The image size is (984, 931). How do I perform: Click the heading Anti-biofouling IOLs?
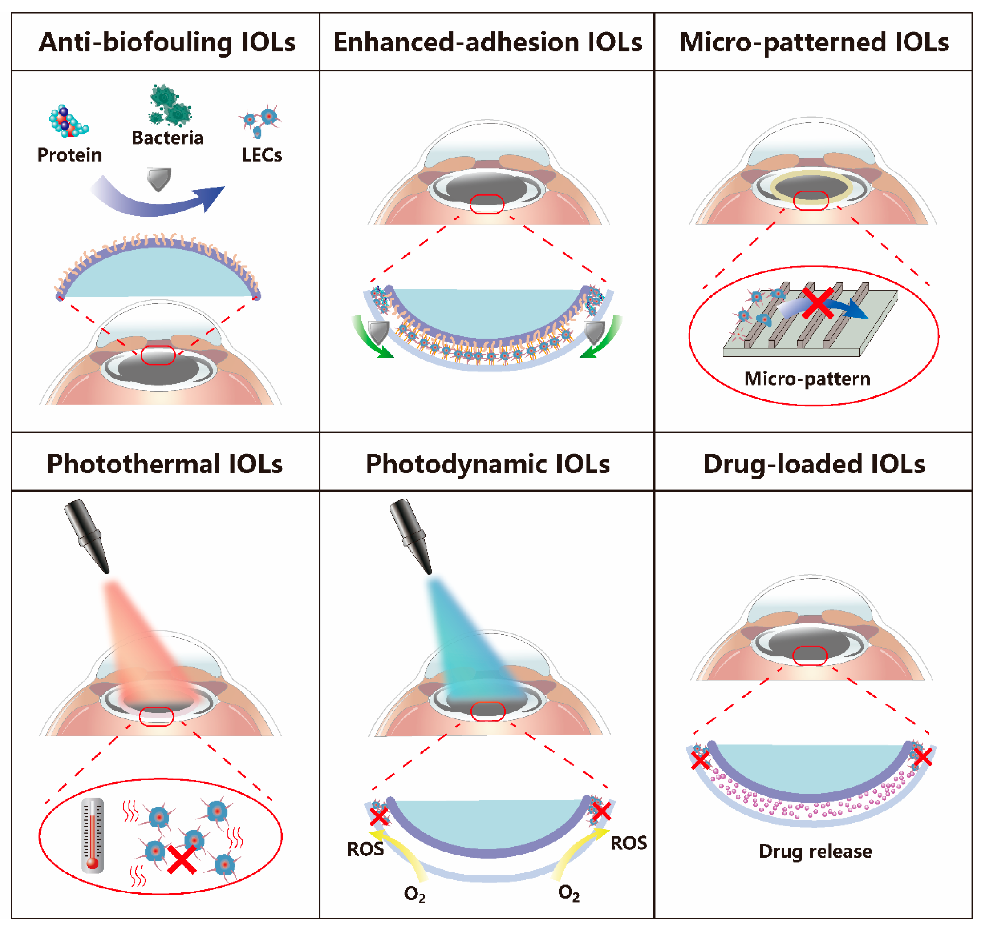(x=167, y=42)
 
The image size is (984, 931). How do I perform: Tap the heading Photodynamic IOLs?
(x=487, y=464)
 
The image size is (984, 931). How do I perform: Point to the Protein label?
(x=69, y=155)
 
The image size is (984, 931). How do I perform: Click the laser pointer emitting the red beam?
(x=87, y=536)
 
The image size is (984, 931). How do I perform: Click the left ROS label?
(x=365, y=849)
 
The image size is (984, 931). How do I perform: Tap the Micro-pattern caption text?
(x=807, y=379)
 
